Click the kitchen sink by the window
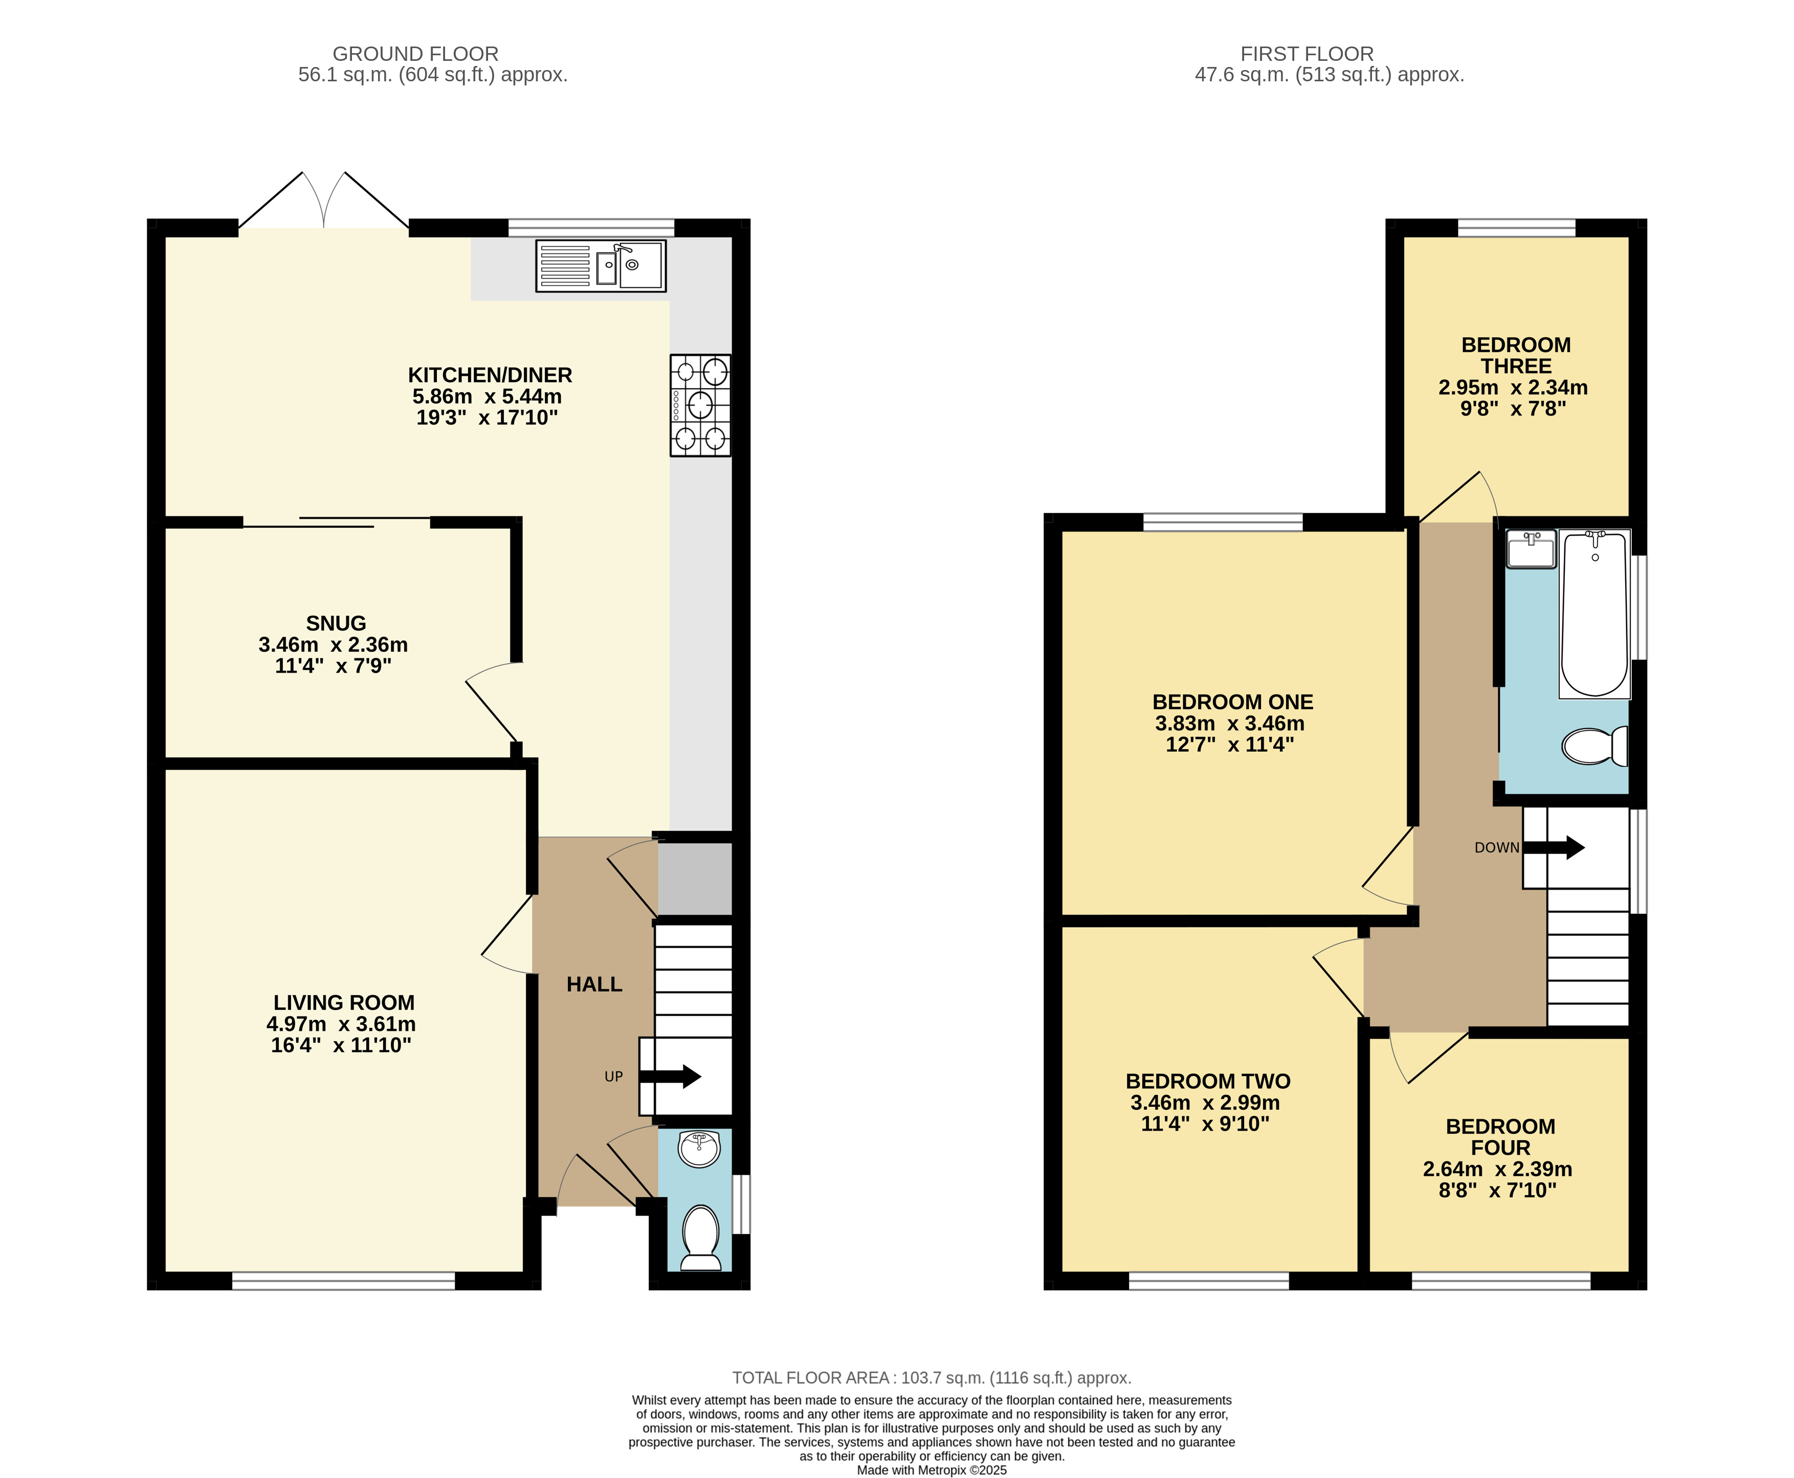(x=600, y=265)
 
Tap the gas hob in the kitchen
(x=700, y=405)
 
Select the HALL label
(x=594, y=984)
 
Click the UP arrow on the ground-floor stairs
(x=670, y=1077)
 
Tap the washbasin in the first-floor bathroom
(x=1531, y=548)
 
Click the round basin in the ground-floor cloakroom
(x=700, y=1149)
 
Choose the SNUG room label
(x=336, y=623)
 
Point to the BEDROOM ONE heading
(x=1232, y=702)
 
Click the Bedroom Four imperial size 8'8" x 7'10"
(x=1498, y=1190)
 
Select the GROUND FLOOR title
(x=415, y=54)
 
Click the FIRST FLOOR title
(x=1307, y=54)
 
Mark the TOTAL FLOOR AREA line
(x=932, y=1378)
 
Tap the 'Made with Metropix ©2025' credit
(x=932, y=1470)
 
